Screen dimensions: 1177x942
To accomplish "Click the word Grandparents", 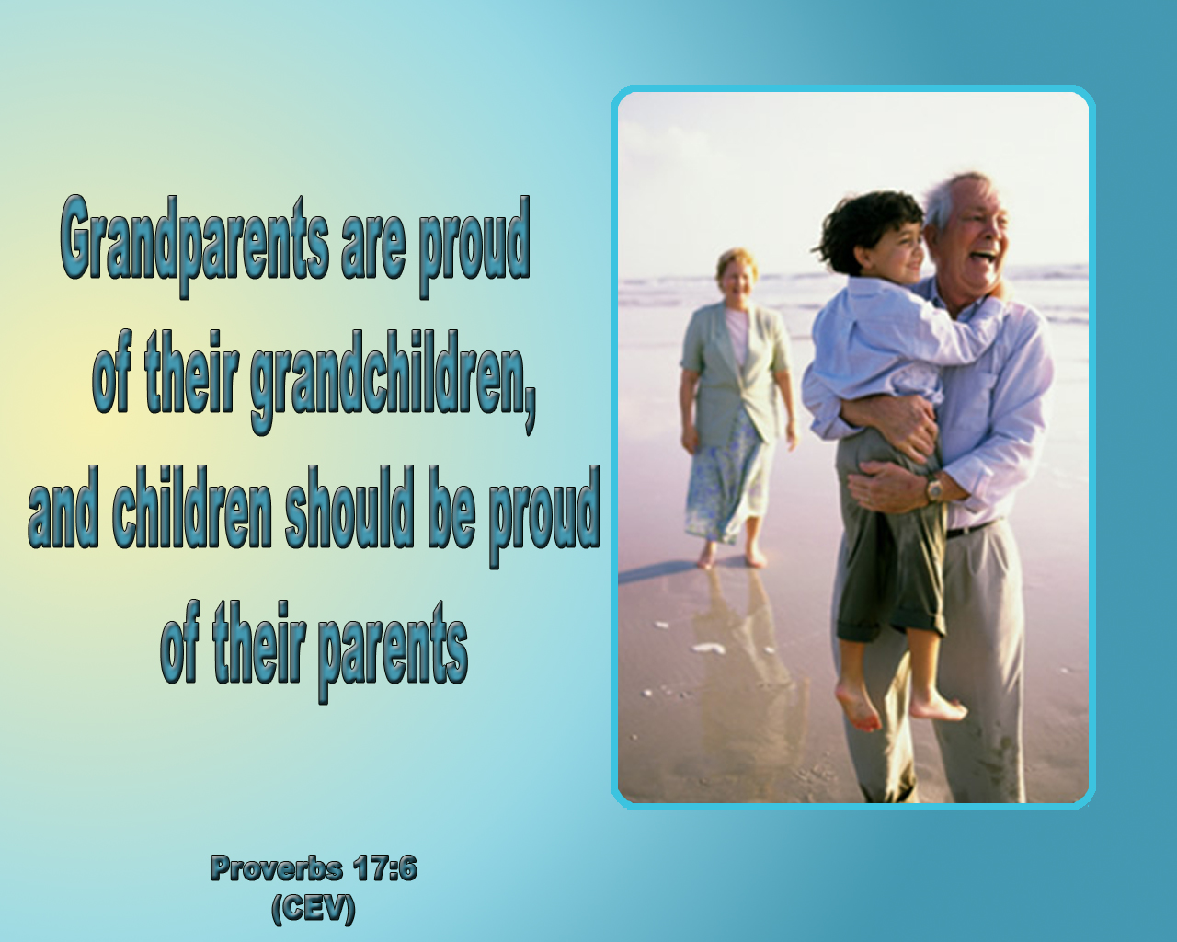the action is pos(195,247).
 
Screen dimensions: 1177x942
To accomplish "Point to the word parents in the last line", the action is pos(393,650).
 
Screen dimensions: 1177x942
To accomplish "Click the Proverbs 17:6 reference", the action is pos(314,868).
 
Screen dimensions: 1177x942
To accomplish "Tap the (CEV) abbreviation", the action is pos(314,909).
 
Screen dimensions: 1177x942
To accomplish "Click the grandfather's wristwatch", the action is pos(934,488).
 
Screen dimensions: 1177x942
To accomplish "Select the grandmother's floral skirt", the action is pos(727,482).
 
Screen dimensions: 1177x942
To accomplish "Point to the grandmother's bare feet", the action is pos(731,556).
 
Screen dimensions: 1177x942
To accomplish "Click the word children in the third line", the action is pos(191,507).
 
